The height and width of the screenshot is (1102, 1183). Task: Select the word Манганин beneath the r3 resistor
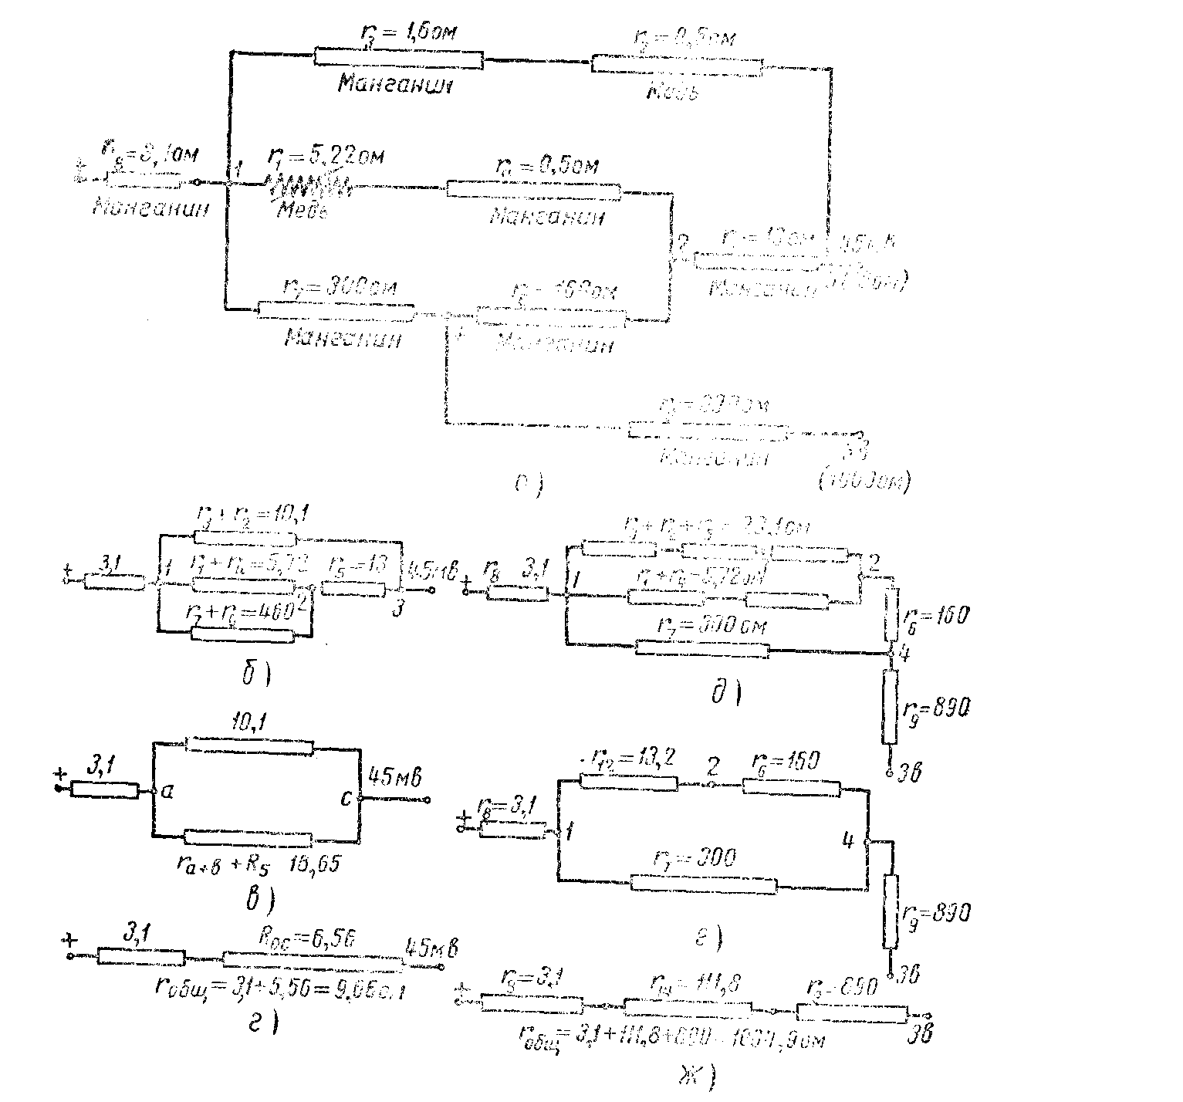coord(394,84)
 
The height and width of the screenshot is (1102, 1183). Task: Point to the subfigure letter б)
coord(254,676)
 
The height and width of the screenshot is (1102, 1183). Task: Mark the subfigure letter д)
coord(725,693)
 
